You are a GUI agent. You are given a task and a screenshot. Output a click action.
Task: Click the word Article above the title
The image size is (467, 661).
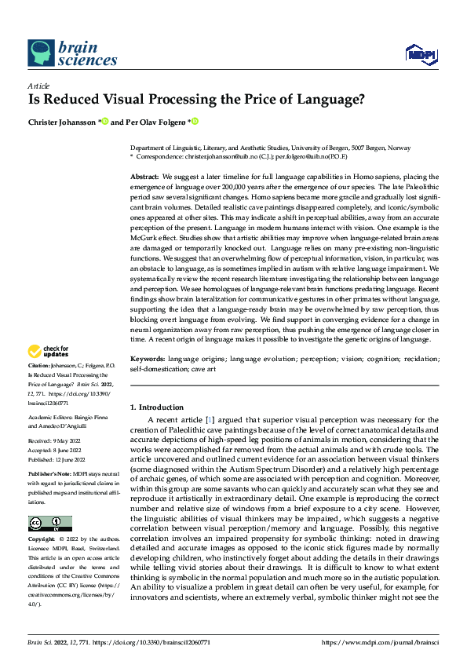[x=38, y=86]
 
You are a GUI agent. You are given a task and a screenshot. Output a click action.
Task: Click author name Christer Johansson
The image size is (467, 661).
[x=63, y=122]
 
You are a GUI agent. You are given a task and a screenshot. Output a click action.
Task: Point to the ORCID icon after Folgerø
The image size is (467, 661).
[x=195, y=122]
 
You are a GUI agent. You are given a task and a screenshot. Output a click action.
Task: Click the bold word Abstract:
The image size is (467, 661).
[x=144, y=179]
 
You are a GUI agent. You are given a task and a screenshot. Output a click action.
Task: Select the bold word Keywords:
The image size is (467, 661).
[x=148, y=358]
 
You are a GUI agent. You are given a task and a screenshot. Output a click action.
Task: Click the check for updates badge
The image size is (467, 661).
[x=49, y=352]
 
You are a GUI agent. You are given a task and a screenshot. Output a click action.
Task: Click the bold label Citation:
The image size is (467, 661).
[x=39, y=367]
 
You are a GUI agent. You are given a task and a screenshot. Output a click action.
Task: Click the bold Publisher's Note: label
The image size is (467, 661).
[x=49, y=476]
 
